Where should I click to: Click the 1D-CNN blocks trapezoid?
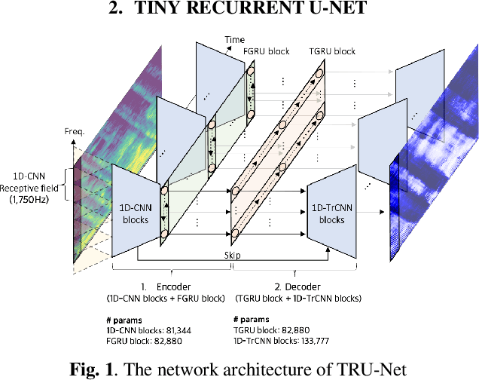coord(137,204)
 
